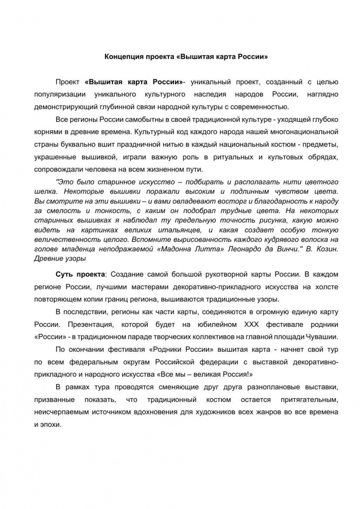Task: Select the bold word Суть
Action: tap(64, 274)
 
